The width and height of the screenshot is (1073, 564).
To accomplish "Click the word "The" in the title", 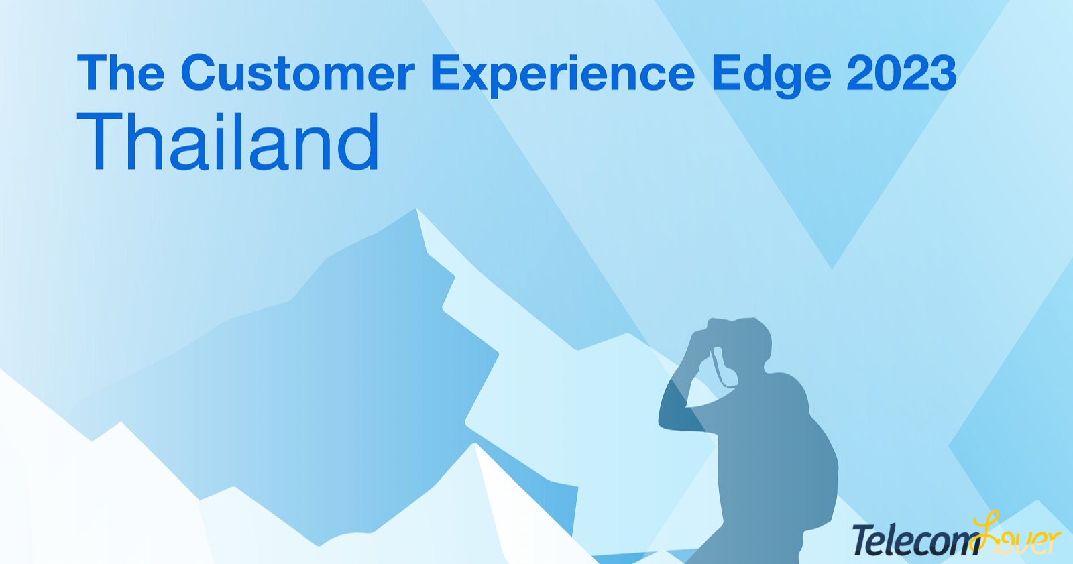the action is point(121,72).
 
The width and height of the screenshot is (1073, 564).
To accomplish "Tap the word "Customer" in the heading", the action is point(298,72).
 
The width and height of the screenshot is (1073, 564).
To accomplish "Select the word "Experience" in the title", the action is point(563,76).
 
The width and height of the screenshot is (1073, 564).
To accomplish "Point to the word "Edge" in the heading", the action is point(771,76).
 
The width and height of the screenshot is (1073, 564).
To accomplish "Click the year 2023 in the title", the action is point(901,72).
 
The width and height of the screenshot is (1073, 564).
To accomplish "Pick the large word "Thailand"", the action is point(229,142).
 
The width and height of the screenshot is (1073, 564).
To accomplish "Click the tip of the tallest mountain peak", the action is point(416,209).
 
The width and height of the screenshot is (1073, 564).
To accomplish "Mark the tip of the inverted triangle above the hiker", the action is point(832,268).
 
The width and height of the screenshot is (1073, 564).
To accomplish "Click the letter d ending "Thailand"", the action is point(359,142).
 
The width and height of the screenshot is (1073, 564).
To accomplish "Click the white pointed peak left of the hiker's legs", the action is point(475,444).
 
